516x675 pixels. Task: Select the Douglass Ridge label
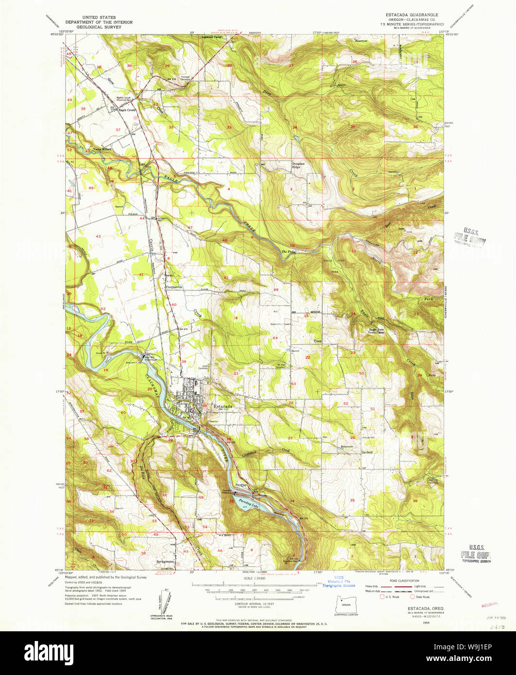tap(298, 165)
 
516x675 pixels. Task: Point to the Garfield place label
tap(366, 452)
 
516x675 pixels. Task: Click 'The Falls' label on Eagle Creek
tap(288, 252)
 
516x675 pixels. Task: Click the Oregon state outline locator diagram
tap(346, 605)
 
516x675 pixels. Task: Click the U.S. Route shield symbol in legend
tap(382, 596)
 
